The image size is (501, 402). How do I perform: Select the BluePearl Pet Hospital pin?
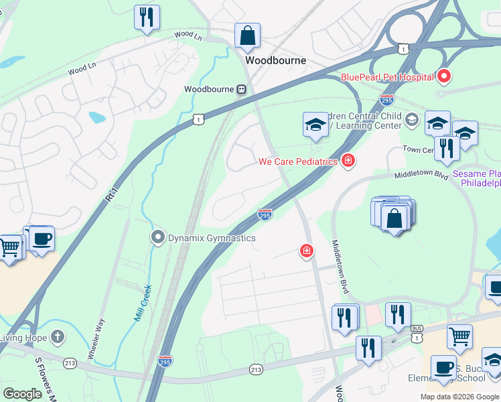[444, 76]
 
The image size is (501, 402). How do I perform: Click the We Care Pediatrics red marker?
[348, 161]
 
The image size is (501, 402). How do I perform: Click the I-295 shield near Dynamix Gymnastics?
[265, 214]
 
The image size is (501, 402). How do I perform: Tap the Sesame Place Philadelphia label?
[477, 178]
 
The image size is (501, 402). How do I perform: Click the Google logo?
[23, 394]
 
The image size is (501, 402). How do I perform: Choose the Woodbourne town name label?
[275, 60]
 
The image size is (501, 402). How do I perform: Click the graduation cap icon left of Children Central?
[315, 125]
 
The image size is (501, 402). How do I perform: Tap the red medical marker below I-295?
[306, 251]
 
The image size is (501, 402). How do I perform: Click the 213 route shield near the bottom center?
[256, 369]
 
